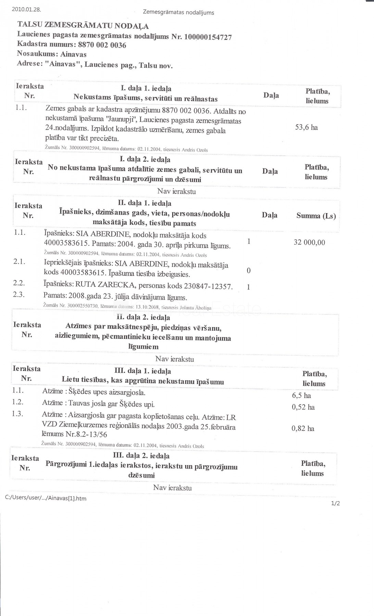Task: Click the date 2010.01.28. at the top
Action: (x=26, y=10)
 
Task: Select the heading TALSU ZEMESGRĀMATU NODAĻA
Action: (x=83, y=26)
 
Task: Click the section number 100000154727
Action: (x=208, y=37)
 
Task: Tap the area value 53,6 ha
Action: (x=307, y=127)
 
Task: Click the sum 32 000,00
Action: (x=309, y=242)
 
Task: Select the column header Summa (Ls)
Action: (x=316, y=216)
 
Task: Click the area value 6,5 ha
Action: (x=301, y=396)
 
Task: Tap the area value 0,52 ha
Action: (x=303, y=407)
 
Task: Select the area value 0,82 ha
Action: (x=303, y=428)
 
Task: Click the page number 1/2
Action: (x=335, y=503)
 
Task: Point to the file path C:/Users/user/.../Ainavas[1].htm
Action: (x=46, y=498)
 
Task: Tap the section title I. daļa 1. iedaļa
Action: (x=146, y=89)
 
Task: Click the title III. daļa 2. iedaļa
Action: (x=141, y=456)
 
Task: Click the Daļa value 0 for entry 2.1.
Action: (x=249, y=271)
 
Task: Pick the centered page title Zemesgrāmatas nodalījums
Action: (x=178, y=13)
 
